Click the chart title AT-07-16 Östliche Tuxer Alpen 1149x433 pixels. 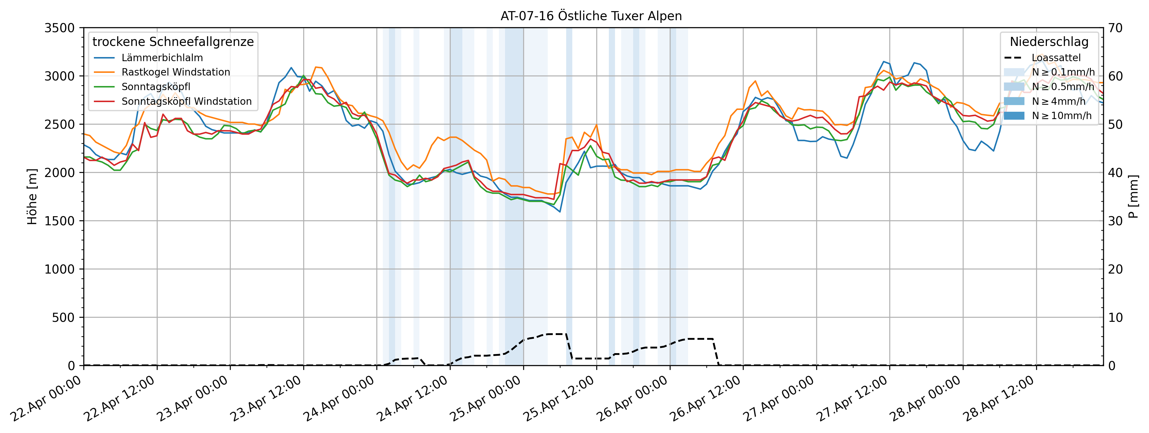click(591, 16)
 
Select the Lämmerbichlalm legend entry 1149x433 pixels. click(162, 58)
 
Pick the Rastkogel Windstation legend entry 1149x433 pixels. click(176, 72)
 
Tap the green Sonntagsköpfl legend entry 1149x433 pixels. click(156, 87)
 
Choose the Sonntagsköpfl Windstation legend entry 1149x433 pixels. click(187, 101)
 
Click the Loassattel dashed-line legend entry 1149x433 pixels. click(1056, 58)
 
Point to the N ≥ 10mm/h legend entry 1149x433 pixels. click(1062, 116)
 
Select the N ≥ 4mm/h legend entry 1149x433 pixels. click(1058, 101)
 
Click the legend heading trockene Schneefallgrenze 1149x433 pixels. click(173, 42)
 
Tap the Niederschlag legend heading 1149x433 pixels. click(1049, 42)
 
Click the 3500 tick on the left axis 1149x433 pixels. click(59, 28)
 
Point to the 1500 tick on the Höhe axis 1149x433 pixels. click(59, 221)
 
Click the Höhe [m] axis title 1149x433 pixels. click(32, 196)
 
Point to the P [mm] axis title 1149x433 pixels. click(1134, 196)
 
